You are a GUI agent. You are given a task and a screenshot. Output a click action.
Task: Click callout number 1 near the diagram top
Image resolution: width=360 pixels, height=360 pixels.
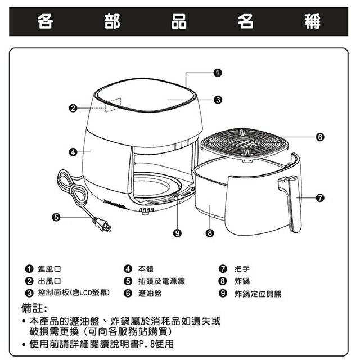tap(218, 73)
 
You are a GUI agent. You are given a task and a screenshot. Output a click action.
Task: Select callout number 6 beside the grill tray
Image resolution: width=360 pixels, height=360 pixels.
tap(319, 137)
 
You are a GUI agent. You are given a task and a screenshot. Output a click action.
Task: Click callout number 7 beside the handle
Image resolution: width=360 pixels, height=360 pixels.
tap(319, 198)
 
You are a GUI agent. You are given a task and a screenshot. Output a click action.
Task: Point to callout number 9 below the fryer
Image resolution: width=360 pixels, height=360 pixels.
tap(177, 232)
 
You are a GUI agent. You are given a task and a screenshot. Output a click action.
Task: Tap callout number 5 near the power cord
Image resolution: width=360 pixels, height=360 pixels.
tap(56, 217)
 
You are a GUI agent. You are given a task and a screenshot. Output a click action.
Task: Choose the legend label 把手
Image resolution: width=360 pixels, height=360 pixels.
tap(242, 268)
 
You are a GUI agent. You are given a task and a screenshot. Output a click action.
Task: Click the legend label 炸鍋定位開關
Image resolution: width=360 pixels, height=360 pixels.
tap(258, 294)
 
